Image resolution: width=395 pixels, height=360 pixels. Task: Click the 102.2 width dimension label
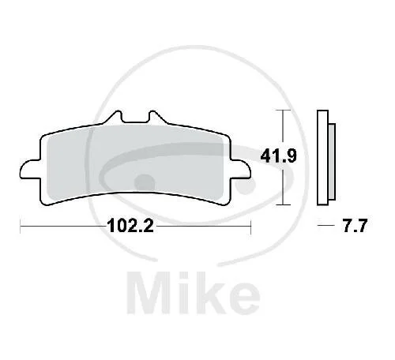click(130, 226)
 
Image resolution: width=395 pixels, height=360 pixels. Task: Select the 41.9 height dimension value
click(278, 156)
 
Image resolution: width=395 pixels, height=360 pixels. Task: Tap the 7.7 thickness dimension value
click(355, 226)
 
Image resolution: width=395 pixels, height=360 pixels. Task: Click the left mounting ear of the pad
click(31, 170)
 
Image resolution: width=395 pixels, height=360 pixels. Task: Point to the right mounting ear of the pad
click(240, 170)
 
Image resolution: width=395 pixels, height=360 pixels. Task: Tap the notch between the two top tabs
click(135, 119)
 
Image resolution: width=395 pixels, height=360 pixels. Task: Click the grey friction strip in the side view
click(332, 162)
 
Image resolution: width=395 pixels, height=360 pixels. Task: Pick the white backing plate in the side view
click(323, 157)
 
